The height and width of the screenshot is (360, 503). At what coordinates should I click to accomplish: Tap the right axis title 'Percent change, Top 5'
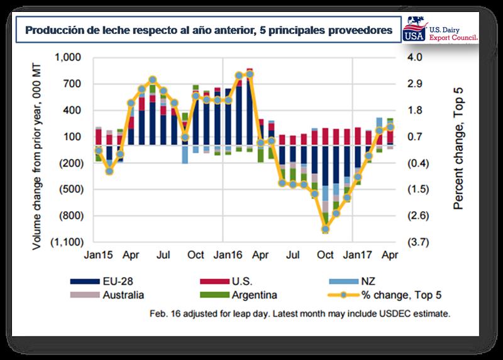point(458,150)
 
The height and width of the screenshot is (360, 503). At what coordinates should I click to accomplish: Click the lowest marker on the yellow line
point(325,229)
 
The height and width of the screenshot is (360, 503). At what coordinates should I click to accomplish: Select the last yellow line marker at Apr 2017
point(390,127)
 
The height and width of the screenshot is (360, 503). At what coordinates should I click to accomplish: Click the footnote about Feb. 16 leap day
point(300,312)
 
